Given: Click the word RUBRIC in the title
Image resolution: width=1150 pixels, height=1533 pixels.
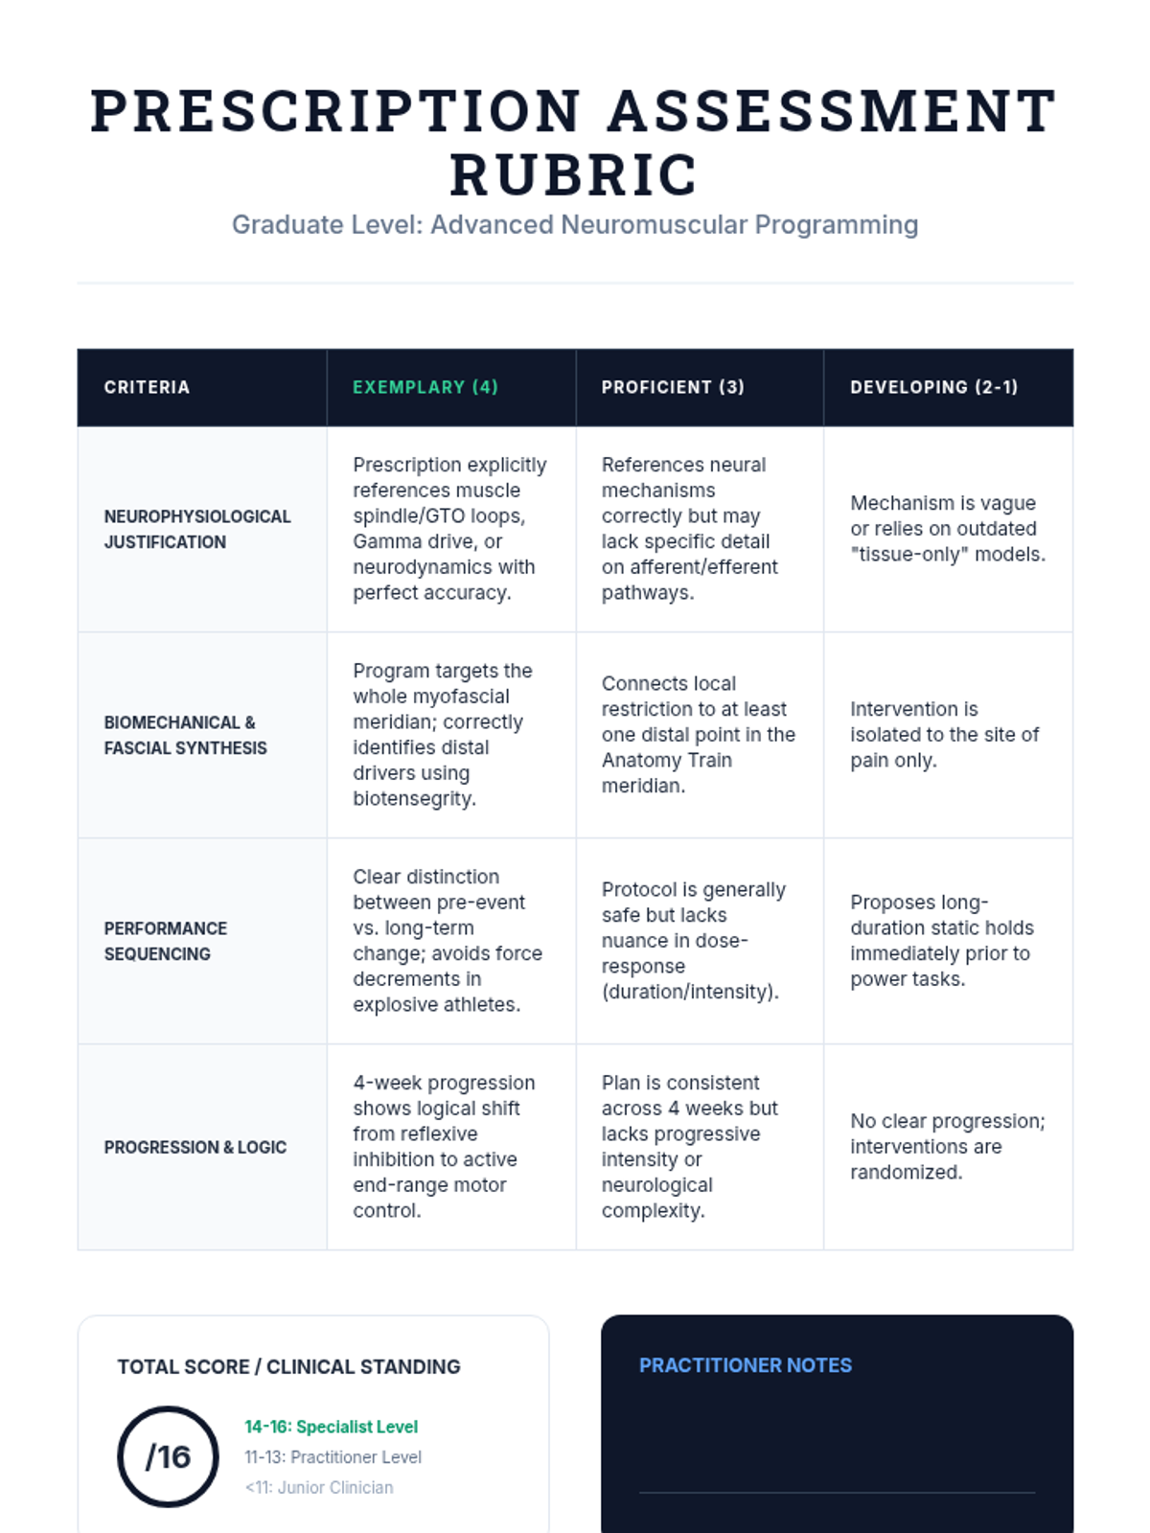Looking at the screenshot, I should pyautogui.click(x=574, y=174).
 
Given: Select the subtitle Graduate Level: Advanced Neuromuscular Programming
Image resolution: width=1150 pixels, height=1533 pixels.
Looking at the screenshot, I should pyautogui.click(x=575, y=224).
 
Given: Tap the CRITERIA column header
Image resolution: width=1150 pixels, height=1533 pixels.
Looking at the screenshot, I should pyautogui.click(x=147, y=387).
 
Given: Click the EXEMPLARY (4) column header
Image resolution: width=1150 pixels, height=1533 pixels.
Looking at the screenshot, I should pyautogui.click(x=425, y=387).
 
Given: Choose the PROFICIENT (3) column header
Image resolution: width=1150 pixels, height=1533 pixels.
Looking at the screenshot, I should pyautogui.click(x=673, y=387).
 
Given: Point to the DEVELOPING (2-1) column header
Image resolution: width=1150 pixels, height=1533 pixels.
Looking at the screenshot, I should pyautogui.click(x=933, y=387).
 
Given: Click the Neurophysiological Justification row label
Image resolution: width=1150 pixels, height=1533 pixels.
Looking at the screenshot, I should pyautogui.click(x=197, y=529).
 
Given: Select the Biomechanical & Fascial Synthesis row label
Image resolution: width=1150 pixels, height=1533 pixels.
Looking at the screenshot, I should pyautogui.click(x=186, y=735).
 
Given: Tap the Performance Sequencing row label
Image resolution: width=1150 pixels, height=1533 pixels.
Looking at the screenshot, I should pyautogui.click(x=166, y=941).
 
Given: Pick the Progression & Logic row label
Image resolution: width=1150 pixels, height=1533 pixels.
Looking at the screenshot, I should pyautogui.click(x=195, y=1147).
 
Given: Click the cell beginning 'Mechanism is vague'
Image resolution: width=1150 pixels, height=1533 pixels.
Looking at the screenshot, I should pyautogui.click(x=947, y=529).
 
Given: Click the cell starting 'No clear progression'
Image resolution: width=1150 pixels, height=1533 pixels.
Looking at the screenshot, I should pyautogui.click(x=947, y=1147).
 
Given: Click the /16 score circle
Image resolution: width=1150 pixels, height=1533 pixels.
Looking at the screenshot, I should pyautogui.click(x=169, y=1456).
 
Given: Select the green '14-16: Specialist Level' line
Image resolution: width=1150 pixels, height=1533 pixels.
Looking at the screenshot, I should pyautogui.click(x=331, y=1427).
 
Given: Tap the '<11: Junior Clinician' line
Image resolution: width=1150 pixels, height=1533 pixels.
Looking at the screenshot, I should pyautogui.click(x=319, y=1487).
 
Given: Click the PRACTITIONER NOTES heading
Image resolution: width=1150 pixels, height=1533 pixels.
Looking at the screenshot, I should pyautogui.click(x=746, y=1365).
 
